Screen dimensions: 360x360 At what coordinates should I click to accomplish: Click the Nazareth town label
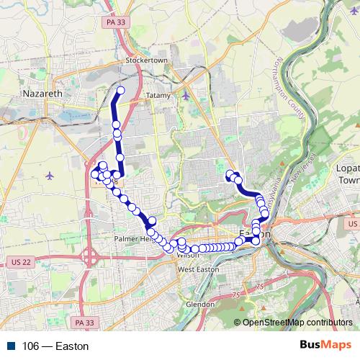coord(43,94)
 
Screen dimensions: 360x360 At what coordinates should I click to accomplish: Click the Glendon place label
coord(199,304)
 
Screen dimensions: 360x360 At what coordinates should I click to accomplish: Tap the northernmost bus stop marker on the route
coord(121,90)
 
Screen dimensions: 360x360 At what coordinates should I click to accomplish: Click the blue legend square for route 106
coord(7,346)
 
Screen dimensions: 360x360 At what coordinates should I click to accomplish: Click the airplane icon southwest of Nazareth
coord(49,175)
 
